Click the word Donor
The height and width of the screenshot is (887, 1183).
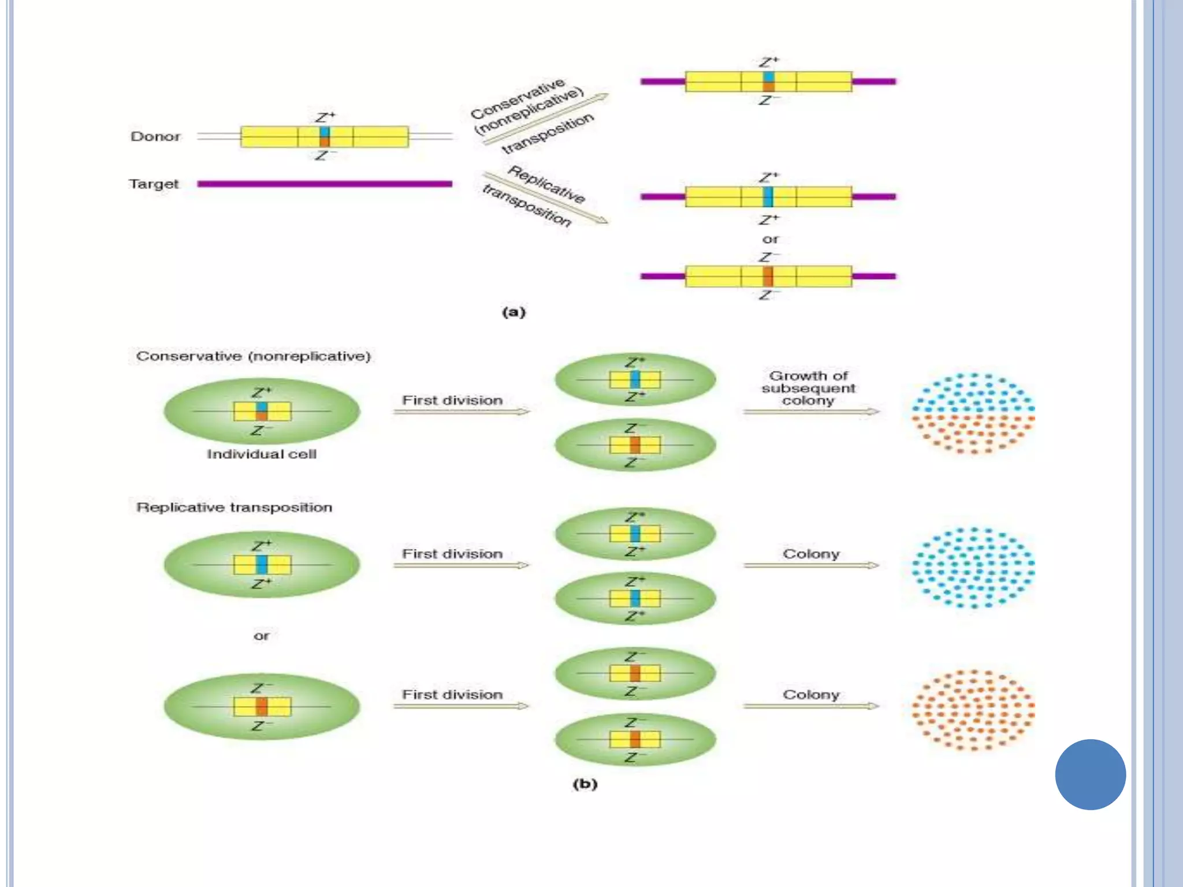pyautogui.click(x=155, y=137)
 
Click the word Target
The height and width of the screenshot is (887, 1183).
pyautogui.click(x=154, y=184)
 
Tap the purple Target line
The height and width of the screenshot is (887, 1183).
pyautogui.click(x=324, y=184)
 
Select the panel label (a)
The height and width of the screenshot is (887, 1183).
pyautogui.click(x=514, y=312)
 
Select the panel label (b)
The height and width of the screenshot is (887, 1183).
pyautogui.click(x=585, y=784)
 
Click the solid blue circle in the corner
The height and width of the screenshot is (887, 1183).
pyautogui.click(x=1090, y=774)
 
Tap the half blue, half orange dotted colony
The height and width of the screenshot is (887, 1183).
pyautogui.click(x=973, y=413)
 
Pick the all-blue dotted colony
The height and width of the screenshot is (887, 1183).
pyautogui.click(x=973, y=567)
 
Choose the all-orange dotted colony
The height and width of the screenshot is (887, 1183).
pyautogui.click(x=973, y=710)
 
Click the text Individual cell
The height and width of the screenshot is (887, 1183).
pyautogui.click(x=262, y=454)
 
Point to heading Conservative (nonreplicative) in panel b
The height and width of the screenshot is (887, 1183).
pyautogui.click(x=253, y=356)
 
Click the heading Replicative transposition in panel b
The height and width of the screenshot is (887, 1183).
pyautogui.click(x=234, y=508)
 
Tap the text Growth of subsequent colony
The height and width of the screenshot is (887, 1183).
pyautogui.click(x=808, y=388)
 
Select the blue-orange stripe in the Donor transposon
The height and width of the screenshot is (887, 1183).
pyautogui.click(x=325, y=137)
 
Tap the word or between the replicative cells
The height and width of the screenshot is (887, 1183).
pyautogui.click(x=261, y=636)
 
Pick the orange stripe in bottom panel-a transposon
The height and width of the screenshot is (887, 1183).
pyautogui.click(x=768, y=277)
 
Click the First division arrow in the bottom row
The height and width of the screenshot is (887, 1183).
pyautogui.click(x=461, y=706)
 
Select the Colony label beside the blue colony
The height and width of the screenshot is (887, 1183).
pyautogui.click(x=810, y=554)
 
